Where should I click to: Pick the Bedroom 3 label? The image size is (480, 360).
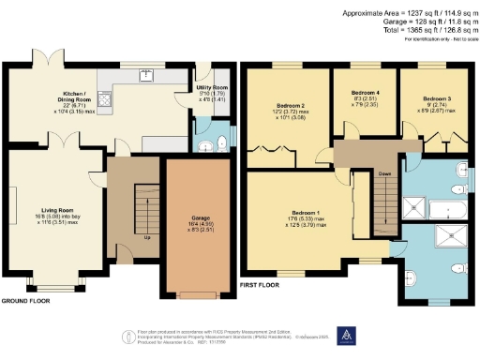(x=437, y=98)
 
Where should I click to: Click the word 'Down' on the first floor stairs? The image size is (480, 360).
(x=384, y=173)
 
